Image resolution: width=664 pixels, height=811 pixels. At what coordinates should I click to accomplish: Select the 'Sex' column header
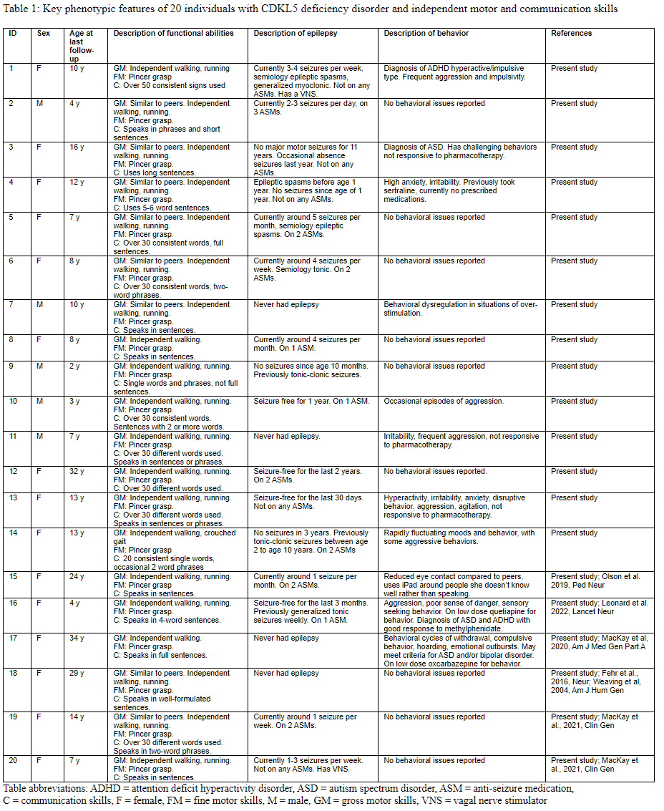(44, 33)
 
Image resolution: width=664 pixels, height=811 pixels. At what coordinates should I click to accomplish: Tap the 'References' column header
(572, 33)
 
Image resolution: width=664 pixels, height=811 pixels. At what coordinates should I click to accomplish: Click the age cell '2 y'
(74, 366)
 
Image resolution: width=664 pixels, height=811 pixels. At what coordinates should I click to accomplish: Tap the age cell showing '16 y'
(77, 147)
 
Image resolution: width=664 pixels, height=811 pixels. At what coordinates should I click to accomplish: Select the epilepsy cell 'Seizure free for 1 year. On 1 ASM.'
(311, 402)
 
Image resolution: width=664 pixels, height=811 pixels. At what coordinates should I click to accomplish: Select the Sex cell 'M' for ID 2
(40, 104)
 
